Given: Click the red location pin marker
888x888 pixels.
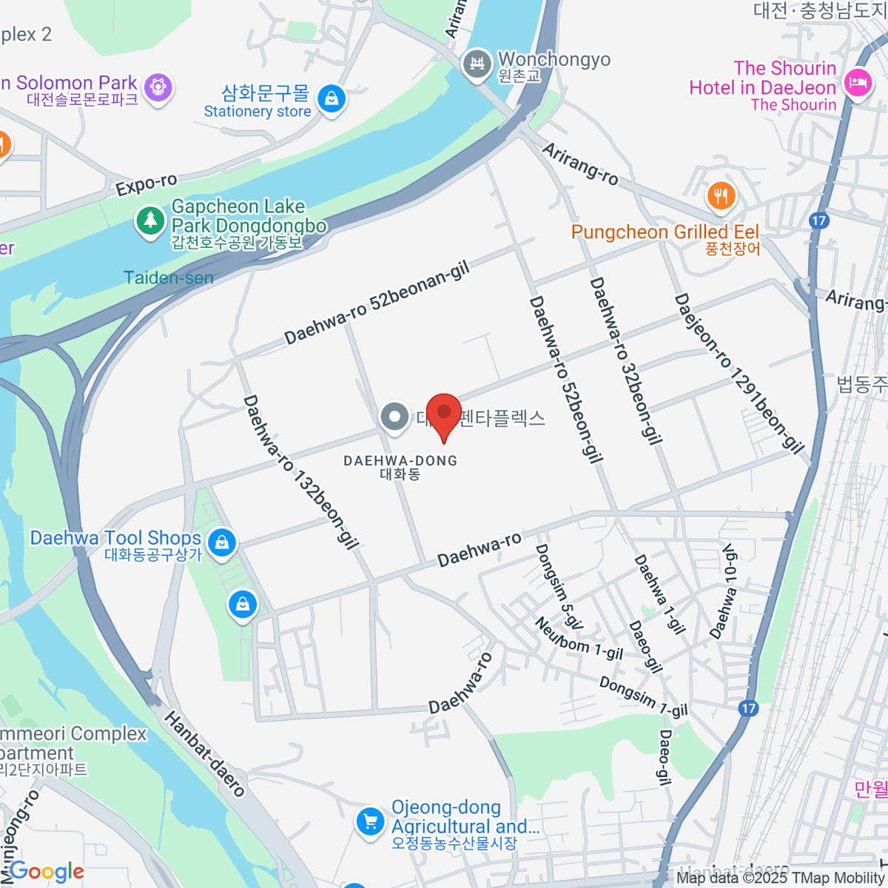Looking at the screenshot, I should coord(444,414).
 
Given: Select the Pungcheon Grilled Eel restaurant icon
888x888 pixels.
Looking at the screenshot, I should coord(721,196).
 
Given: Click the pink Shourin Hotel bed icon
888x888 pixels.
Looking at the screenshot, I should coord(858,81).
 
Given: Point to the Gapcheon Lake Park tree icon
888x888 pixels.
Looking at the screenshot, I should coord(150,220).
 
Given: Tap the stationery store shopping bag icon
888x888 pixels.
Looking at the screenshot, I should coord(332,98).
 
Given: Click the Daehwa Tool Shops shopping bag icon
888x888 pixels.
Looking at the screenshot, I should coord(221,542).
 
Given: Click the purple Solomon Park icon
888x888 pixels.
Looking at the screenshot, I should coord(158,87).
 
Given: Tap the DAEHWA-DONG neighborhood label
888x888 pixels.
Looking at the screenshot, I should coord(400,461).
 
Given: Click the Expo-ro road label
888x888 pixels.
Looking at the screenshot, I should coord(147,184).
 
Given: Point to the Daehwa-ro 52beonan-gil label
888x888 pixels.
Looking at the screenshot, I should coord(377,304).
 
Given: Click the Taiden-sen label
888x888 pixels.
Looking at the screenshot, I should coord(169,278).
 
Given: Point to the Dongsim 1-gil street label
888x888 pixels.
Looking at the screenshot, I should coord(643,697).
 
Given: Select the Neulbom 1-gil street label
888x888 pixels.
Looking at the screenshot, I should coord(579,638).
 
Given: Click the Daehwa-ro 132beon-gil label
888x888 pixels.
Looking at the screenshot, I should coord(300,472).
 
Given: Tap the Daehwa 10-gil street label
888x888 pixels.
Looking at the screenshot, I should coord(724,592).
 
